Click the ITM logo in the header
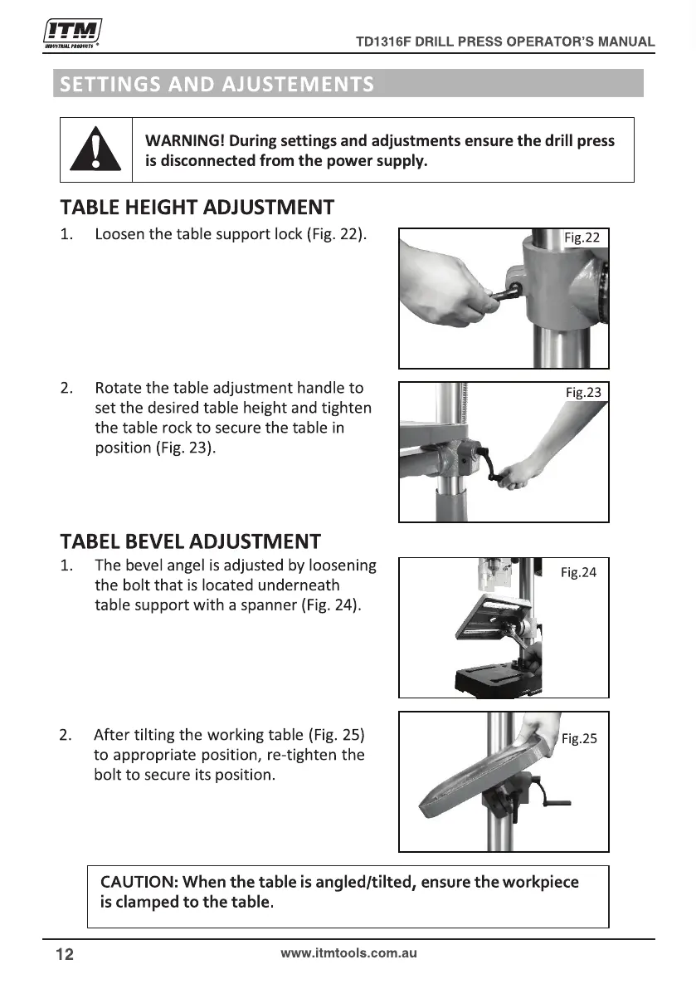click(72, 32)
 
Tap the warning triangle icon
click(95, 149)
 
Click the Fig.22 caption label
click(582, 237)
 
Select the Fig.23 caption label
click(583, 392)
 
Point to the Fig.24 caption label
click(578, 572)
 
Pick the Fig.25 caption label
click(579, 738)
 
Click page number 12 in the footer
click(65, 954)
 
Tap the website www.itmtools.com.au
click(348, 953)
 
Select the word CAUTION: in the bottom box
click(139, 882)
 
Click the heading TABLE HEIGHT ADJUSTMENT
click(197, 208)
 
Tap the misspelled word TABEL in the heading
click(90, 541)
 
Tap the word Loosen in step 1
click(119, 234)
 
